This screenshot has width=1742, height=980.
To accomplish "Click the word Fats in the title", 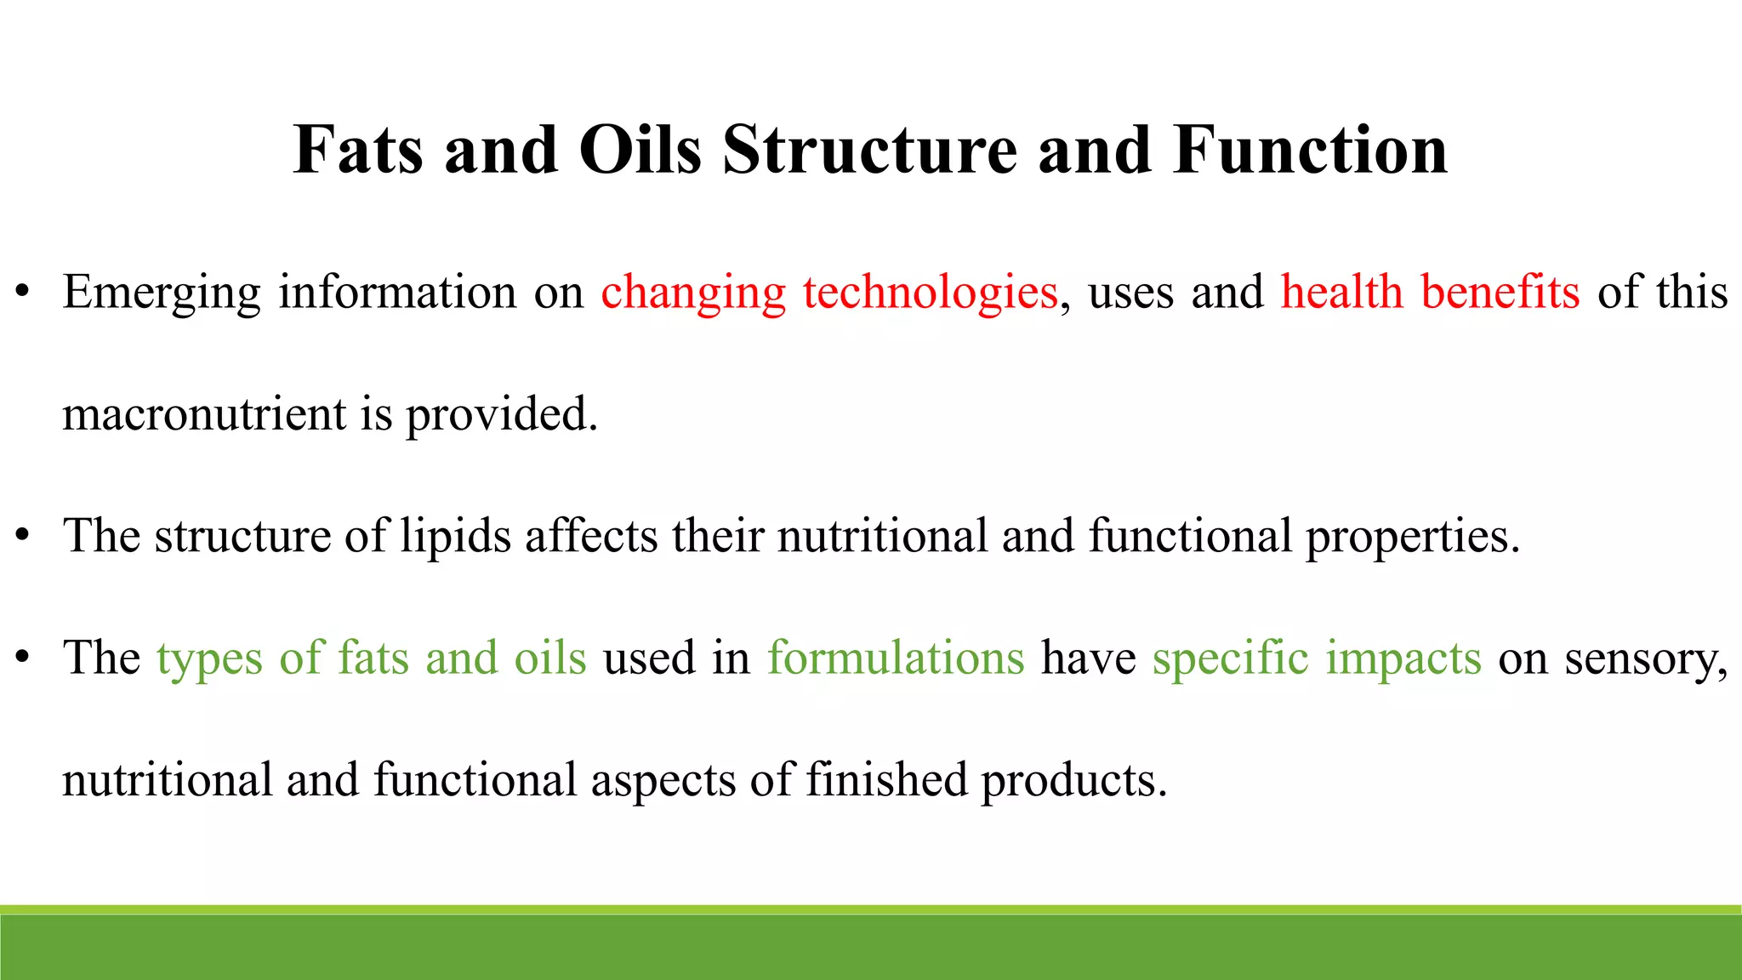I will tap(357, 151).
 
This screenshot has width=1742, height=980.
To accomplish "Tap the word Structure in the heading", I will tap(869, 151).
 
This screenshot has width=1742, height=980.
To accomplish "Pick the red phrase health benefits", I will tap(1430, 292).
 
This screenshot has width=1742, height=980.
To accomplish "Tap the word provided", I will tap(501, 416).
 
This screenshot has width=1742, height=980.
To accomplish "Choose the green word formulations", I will tap(896, 658).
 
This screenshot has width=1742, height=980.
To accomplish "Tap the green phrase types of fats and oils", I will tap(372, 658).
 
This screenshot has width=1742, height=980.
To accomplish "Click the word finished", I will tap(885, 780).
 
